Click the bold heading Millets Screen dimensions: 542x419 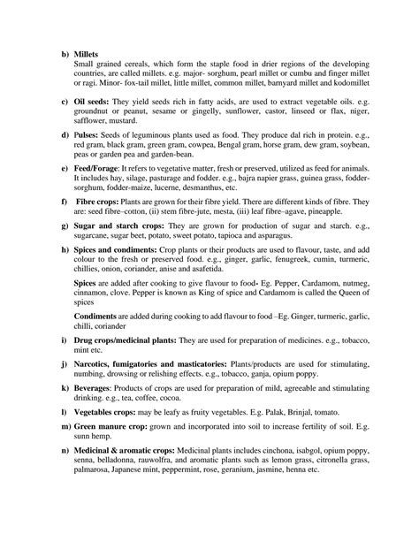click(89, 55)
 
